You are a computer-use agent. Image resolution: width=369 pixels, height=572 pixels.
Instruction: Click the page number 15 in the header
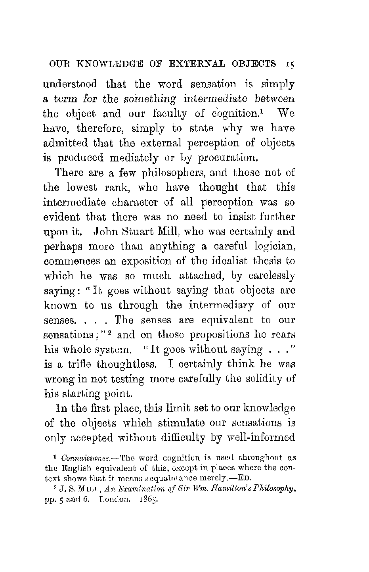(288, 64)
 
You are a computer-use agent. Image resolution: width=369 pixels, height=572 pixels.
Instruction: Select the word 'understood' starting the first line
(70, 84)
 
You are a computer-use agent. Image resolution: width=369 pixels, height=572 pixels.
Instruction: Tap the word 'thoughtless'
(120, 364)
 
